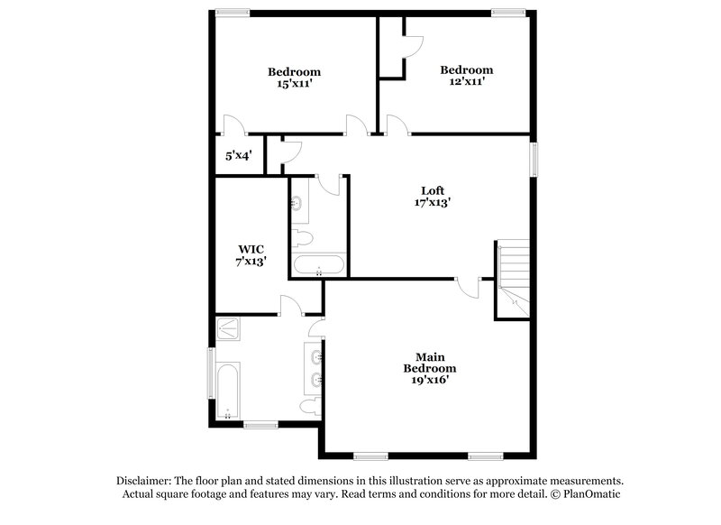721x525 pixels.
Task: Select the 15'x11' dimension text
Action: pos(294,84)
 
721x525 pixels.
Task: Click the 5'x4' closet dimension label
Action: pos(238,155)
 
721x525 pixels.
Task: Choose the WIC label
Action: pos(251,248)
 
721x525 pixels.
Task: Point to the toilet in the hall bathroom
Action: pos(302,238)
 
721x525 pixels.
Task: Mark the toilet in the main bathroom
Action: pos(310,408)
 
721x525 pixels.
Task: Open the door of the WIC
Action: pos(292,305)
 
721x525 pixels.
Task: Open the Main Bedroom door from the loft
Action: pos(468,287)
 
